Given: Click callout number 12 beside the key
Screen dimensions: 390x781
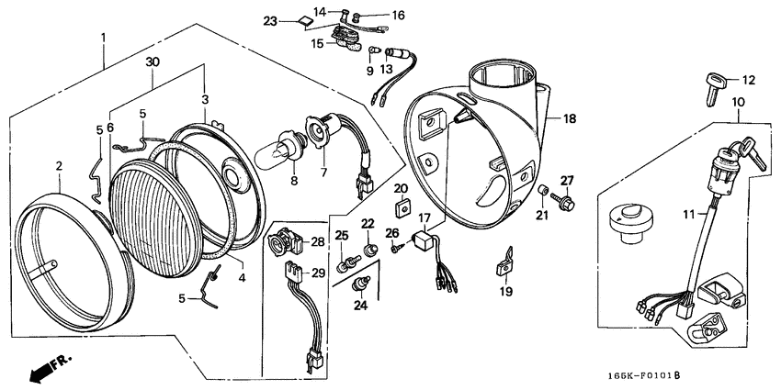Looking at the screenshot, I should (x=748, y=81).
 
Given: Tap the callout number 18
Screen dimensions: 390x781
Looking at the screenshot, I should (x=569, y=119).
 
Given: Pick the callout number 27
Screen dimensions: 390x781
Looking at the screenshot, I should (x=567, y=180).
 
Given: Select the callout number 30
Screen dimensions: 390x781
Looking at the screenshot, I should (x=153, y=62).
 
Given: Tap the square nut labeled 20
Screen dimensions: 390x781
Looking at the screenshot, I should (x=402, y=204).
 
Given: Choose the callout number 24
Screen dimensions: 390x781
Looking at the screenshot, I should (x=361, y=306).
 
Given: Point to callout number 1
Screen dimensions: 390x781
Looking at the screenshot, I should (x=104, y=38).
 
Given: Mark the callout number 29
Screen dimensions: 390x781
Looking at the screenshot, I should (x=319, y=273).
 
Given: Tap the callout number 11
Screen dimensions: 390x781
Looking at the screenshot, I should (x=688, y=214).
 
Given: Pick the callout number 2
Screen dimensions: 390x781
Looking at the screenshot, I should (x=58, y=166).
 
